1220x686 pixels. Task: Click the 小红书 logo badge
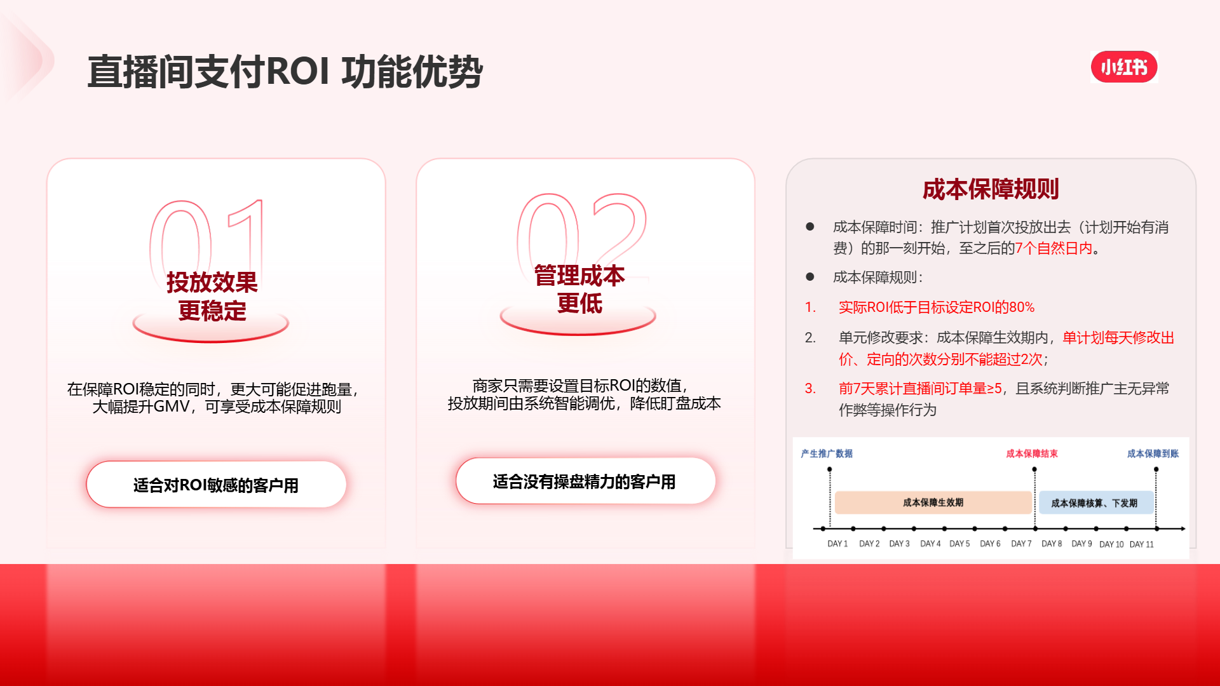point(1124,67)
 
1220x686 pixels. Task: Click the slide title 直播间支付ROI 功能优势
point(285,71)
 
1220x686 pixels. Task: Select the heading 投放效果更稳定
point(212,296)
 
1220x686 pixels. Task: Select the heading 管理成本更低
point(579,289)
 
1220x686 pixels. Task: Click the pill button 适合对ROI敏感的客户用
point(216,485)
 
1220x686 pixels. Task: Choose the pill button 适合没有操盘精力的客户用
point(585,481)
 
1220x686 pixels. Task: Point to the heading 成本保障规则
point(991,189)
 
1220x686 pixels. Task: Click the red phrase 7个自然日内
point(1054,248)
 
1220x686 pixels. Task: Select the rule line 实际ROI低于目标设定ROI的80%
point(937,307)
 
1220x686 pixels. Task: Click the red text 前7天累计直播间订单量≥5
point(920,389)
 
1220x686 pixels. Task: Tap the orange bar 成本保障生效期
point(933,502)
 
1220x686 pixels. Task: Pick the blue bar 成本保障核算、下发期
point(1095,503)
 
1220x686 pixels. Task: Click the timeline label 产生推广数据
point(827,454)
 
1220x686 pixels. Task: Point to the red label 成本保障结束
point(1032,454)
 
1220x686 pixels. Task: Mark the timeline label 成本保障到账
point(1153,454)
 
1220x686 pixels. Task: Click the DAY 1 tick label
point(837,544)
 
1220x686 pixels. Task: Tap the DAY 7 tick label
point(1021,544)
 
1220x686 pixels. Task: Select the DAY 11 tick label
point(1142,544)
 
